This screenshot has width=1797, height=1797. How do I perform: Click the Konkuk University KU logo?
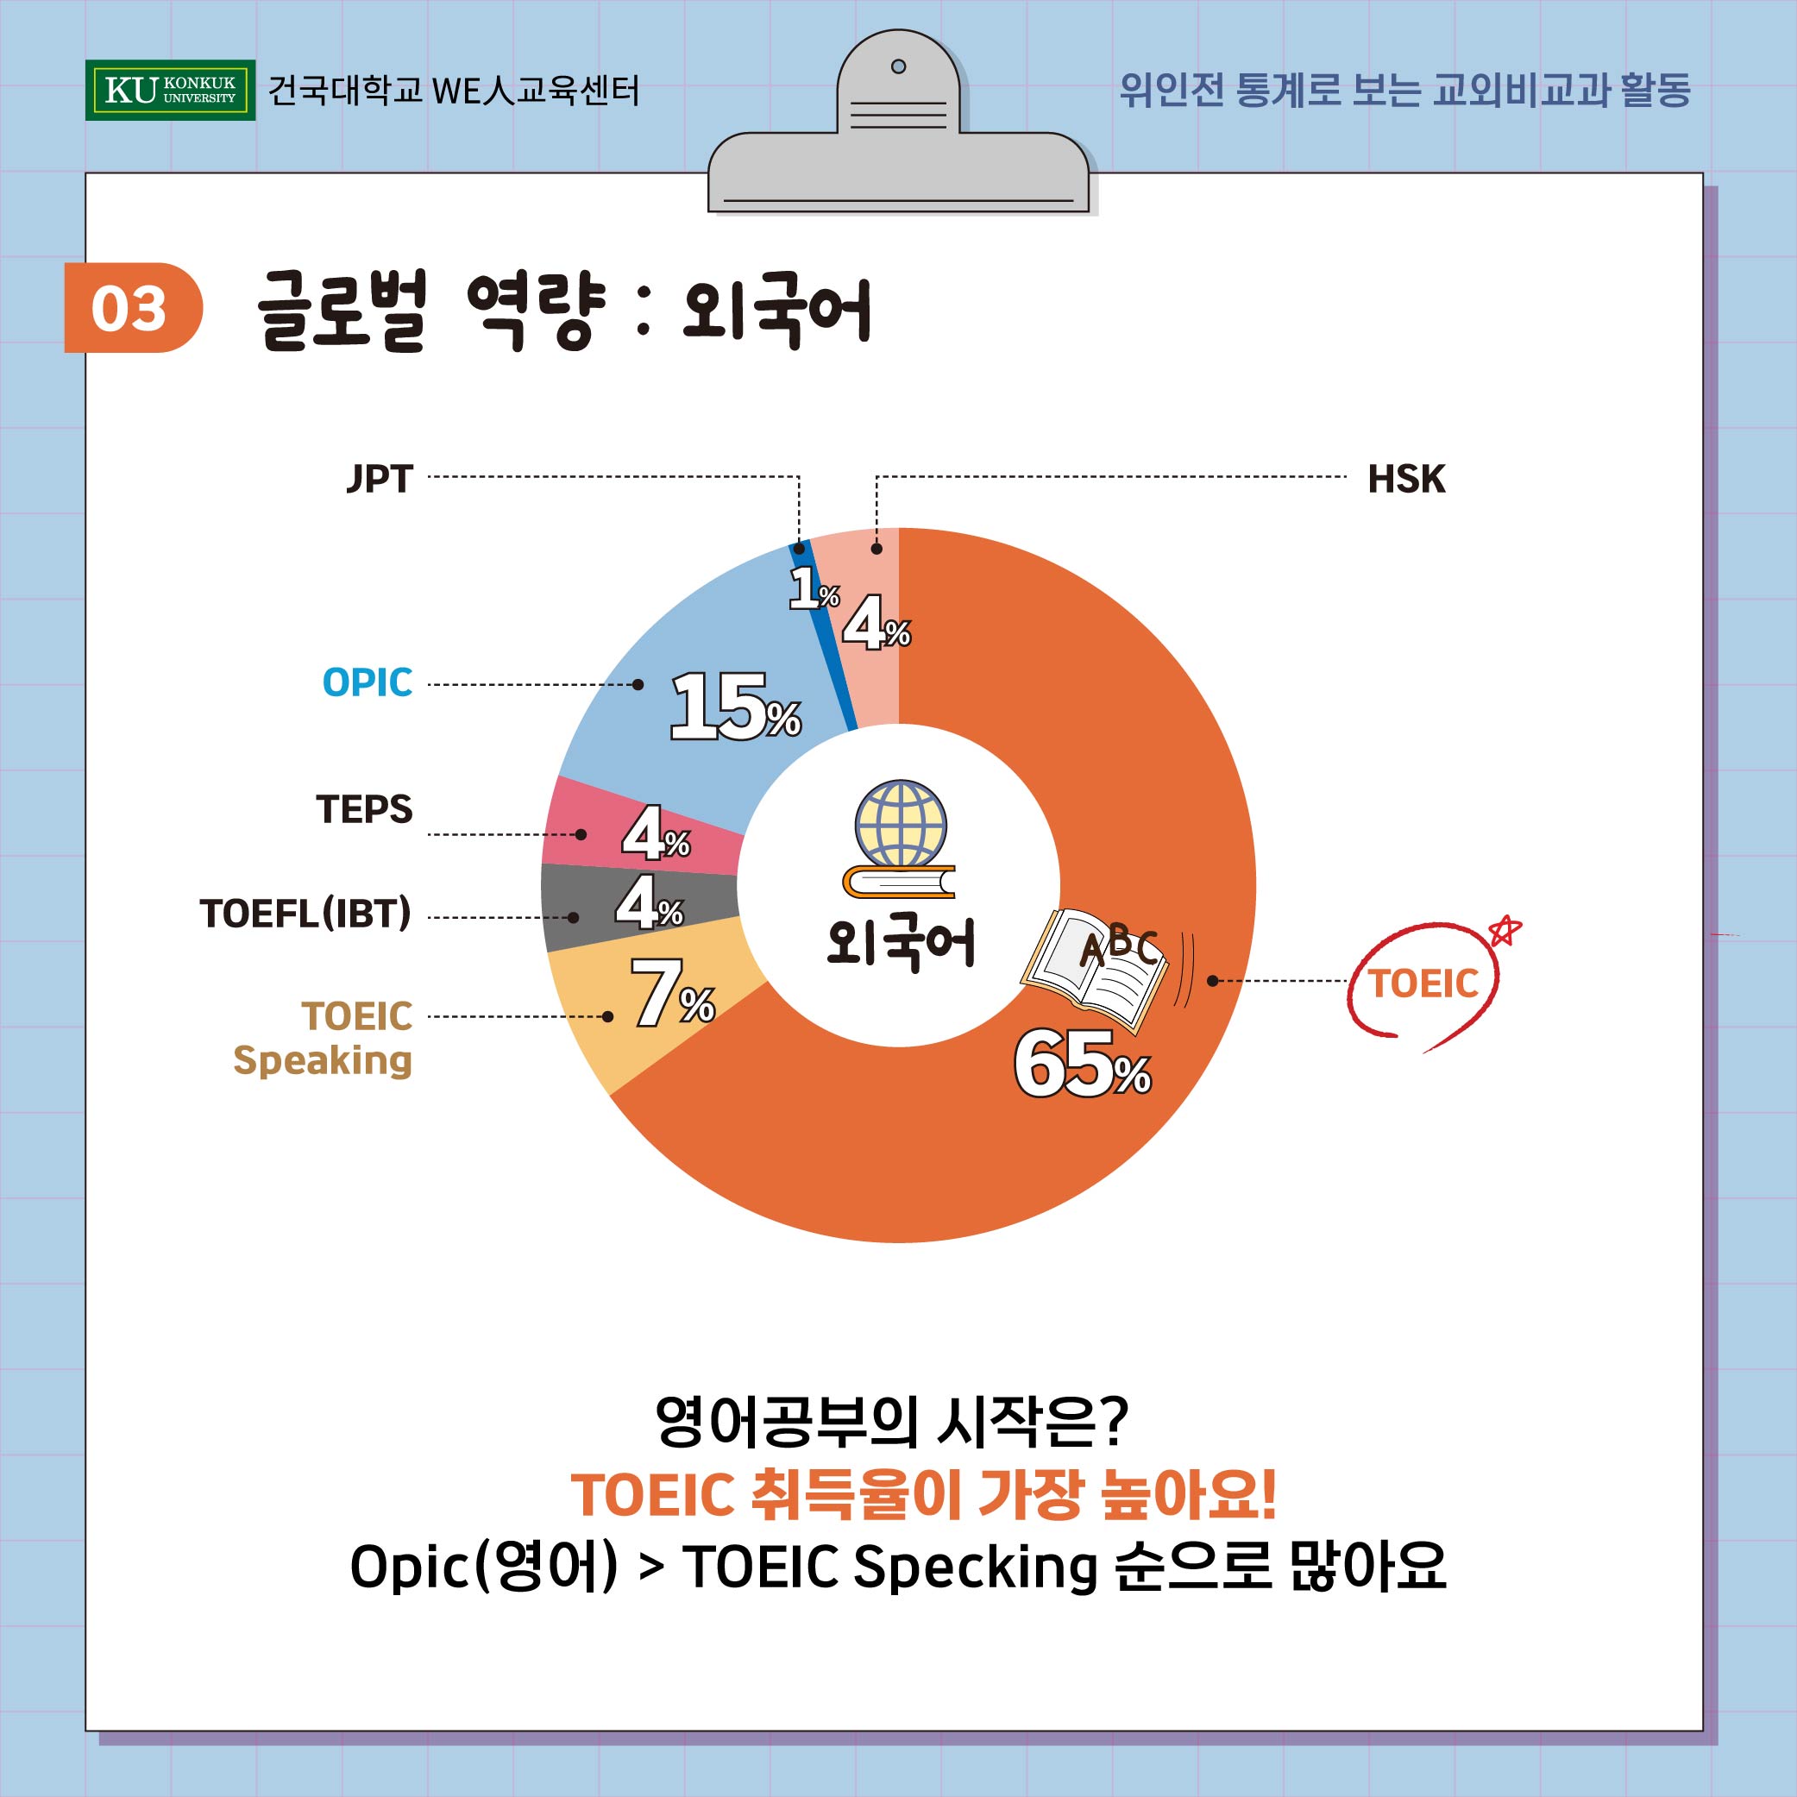coord(169,91)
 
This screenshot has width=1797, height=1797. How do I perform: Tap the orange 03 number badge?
coord(131,308)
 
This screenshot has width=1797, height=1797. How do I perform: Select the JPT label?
coord(380,479)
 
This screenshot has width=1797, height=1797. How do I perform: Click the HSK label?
coord(1405,479)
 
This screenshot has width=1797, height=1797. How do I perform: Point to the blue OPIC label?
coord(368,682)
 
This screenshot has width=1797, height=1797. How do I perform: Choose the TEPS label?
coord(364,809)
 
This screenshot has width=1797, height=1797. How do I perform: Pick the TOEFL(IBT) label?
coord(305,914)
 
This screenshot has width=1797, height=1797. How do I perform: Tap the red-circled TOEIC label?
coord(1423,983)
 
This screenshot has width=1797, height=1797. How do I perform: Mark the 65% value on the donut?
coord(1082,1064)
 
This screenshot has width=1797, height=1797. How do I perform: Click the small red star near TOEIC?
coord(1504,930)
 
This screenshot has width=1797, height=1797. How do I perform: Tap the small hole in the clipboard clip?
coord(899,66)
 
